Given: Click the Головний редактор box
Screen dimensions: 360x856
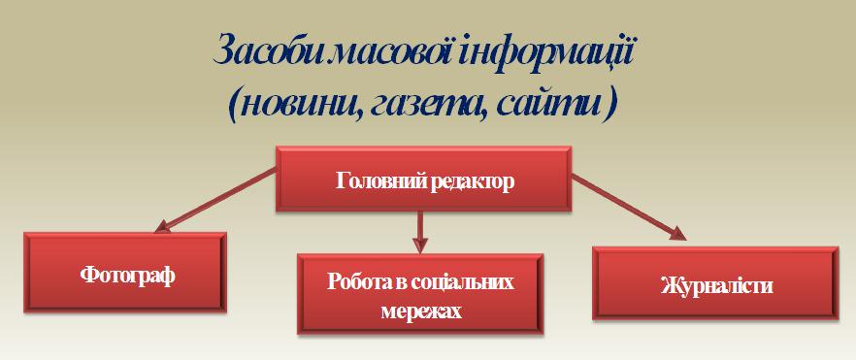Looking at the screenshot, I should coord(423,180).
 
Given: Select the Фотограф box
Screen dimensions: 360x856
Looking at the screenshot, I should coord(126,276).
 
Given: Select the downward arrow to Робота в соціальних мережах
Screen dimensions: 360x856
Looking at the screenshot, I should coord(420,233).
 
